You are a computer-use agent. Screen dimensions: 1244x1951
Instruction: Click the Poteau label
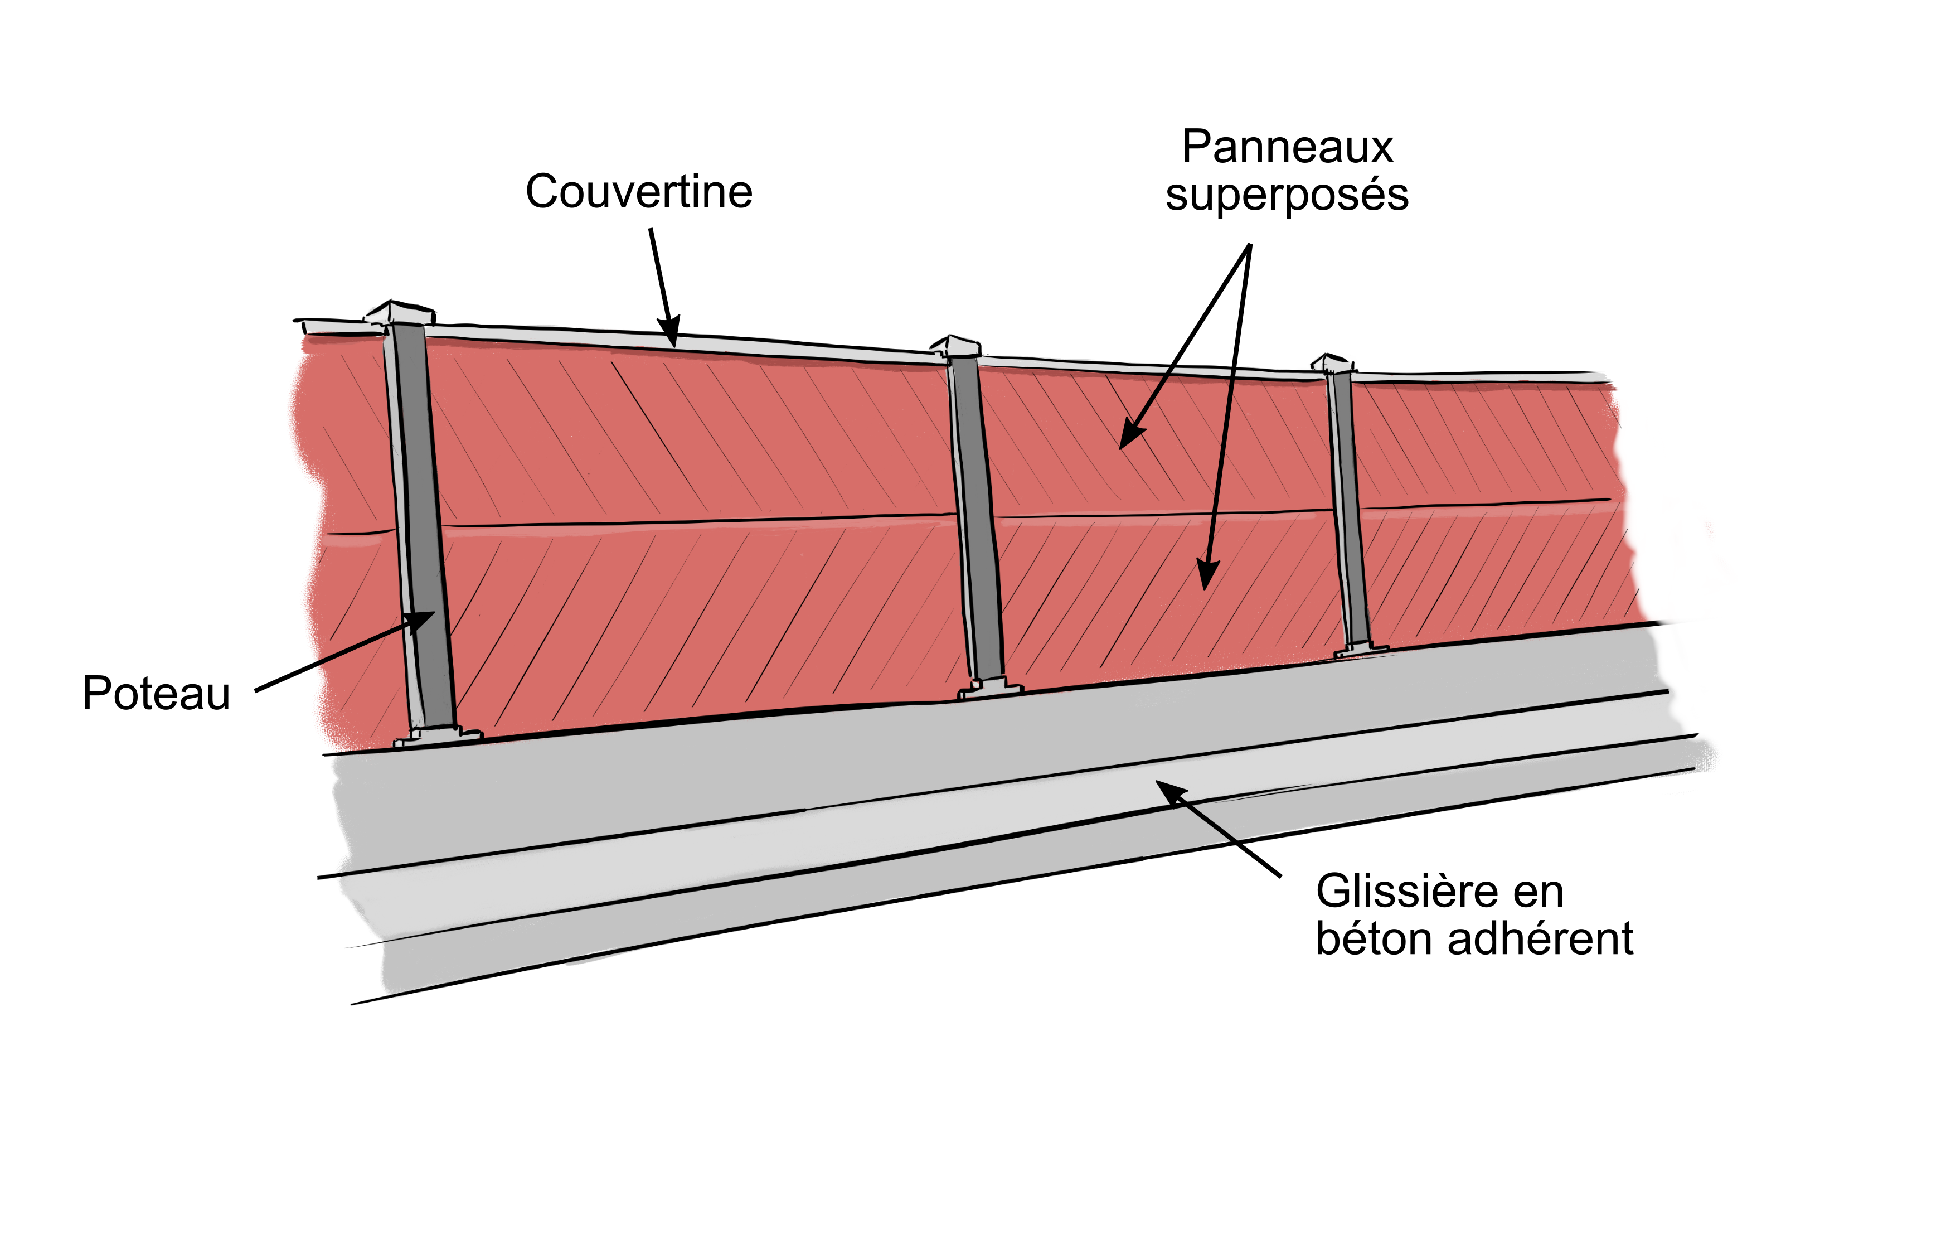coord(157,694)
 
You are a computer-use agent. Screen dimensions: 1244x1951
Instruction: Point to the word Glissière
coord(1406,892)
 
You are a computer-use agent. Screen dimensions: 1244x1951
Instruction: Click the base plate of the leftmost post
coord(438,736)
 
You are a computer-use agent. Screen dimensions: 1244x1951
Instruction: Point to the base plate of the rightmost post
coord(1362,648)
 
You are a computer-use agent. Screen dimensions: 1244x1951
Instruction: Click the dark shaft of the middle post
coord(976,519)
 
